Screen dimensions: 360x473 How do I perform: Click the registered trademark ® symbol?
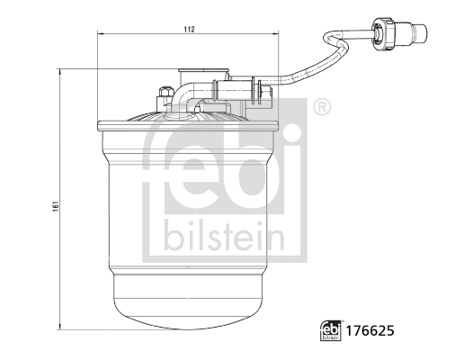(x=322, y=109)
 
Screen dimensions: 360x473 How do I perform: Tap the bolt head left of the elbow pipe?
(x=165, y=93)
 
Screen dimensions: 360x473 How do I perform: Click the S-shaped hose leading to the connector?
(x=315, y=59)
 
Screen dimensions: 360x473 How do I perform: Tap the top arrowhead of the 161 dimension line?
(x=59, y=70)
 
